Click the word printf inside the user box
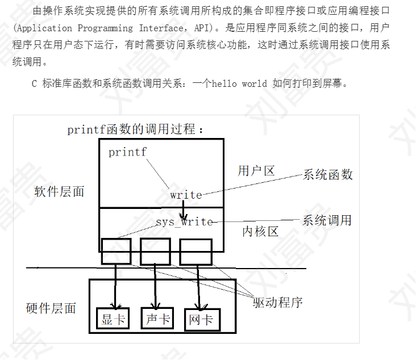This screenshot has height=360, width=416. point(127,152)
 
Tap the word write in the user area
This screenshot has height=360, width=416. point(186,195)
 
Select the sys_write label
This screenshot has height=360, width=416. point(184,221)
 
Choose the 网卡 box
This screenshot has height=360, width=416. point(201,320)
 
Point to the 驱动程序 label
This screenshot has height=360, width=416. point(277,302)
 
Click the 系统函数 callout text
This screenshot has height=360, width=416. point(328,174)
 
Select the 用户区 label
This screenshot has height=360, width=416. point(256,171)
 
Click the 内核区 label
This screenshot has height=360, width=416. point(260,231)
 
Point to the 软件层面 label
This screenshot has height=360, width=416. point(59,191)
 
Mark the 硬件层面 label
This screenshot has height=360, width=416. point(51,308)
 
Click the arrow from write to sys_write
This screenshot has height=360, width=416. point(183,210)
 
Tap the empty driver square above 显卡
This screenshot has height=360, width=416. point(116,251)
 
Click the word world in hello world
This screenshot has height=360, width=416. point(254,83)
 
